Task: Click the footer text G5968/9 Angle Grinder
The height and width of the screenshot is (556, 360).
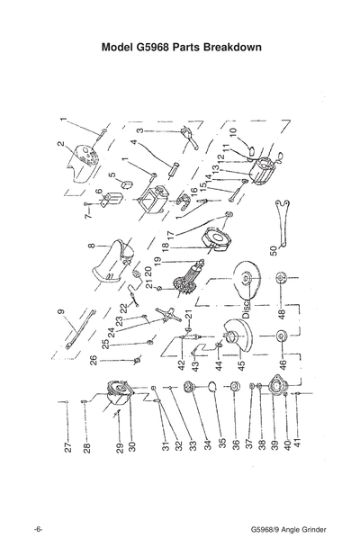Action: pos(289,527)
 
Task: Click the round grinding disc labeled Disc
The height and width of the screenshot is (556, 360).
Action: pos(245,281)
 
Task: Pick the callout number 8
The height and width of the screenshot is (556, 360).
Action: pos(91,244)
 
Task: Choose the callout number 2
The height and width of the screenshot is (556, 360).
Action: pos(60,144)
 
